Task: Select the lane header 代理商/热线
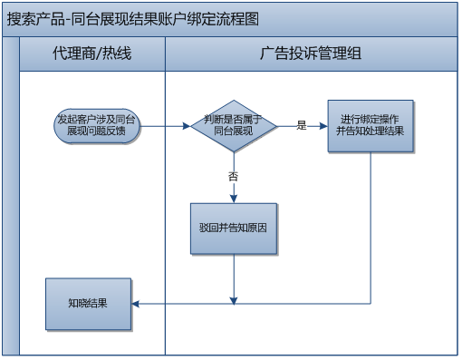(x=91, y=54)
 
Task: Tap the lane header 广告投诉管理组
(x=311, y=54)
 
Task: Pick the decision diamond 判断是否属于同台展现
(x=233, y=125)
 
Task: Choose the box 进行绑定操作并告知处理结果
(x=370, y=125)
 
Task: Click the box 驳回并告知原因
(x=233, y=228)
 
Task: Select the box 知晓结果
(x=88, y=303)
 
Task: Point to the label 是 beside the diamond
(x=302, y=125)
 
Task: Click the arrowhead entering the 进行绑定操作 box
(x=323, y=125)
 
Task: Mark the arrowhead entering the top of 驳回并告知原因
(x=233, y=198)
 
